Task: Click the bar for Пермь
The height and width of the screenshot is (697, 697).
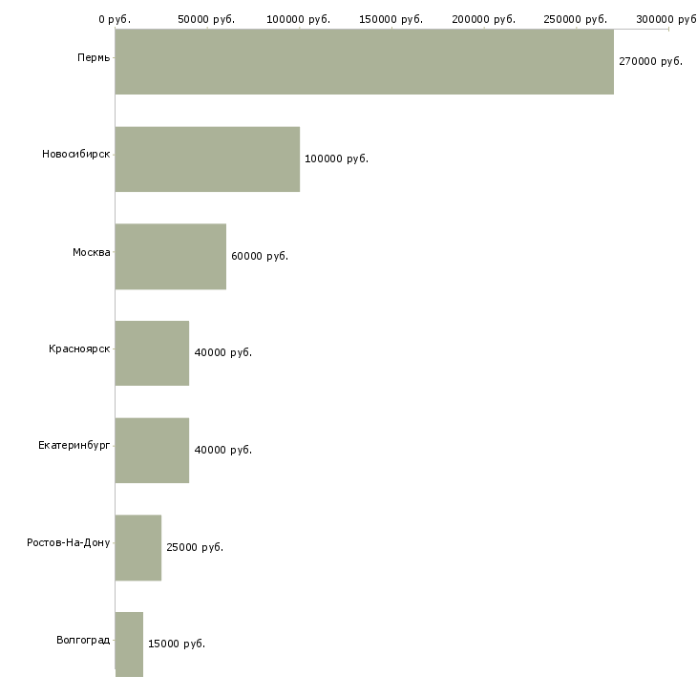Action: point(364,62)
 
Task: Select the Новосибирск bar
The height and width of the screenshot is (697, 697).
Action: point(207,159)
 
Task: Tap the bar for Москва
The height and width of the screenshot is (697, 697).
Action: point(170,257)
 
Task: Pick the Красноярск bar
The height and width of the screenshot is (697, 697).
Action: point(152,353)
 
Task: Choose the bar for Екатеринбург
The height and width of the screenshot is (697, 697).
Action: point(152,451)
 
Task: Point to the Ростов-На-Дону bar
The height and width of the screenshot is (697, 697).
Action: point(138,548)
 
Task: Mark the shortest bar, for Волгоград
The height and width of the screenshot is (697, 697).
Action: point(129,644)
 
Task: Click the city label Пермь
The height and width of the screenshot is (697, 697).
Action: point(94,58)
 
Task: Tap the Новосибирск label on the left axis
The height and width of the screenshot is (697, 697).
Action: point(76,155)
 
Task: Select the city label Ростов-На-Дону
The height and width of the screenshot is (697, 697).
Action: point(69,543)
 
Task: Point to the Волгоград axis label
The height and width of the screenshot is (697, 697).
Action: point(83,640)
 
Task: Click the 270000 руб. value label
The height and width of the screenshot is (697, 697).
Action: point(650,61)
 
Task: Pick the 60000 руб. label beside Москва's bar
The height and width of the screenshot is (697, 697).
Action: point(259,256)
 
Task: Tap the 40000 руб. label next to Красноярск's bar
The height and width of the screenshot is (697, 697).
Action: point(222,352)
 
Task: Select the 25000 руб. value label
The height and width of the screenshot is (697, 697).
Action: point(194,547)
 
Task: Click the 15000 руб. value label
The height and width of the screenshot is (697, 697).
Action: point(176,644)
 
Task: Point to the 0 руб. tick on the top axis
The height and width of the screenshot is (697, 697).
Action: point(114,19)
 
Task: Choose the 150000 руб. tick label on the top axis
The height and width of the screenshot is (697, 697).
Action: point(391,19)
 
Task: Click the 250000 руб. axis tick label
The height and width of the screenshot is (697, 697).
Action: point(577,19)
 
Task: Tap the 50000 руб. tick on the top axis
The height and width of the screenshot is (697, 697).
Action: point(206,19)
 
